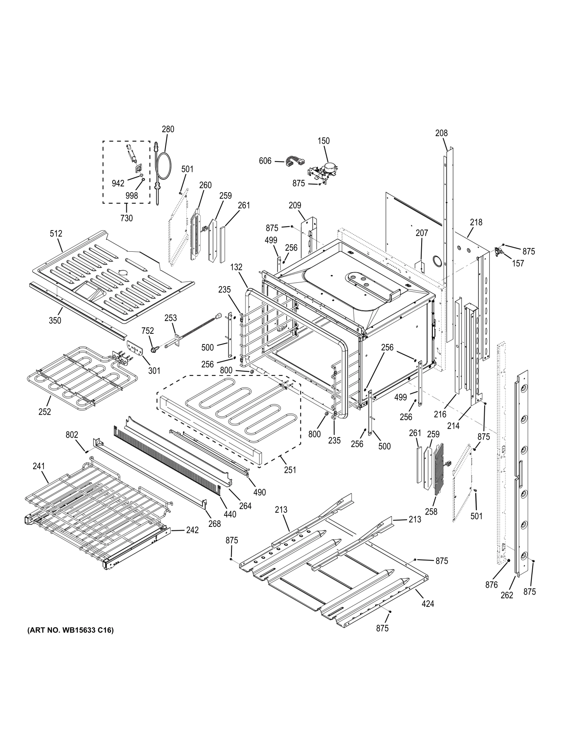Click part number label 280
point(168,129)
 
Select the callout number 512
point(56,233)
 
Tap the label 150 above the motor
point(323,141)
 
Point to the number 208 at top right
point(441,133)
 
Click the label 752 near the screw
point(147,331)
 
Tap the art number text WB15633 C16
point(68,630)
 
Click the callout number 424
point(428,603)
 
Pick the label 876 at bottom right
point(491,585)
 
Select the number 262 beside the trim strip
point(507,595)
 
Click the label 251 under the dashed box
point(290,470)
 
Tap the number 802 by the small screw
point(72,435)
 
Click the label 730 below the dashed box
point(126,218)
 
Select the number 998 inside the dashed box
point(132,196)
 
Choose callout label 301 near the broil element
point(154,371)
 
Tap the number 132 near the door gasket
point(236,267)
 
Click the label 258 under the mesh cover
point(431,512)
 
